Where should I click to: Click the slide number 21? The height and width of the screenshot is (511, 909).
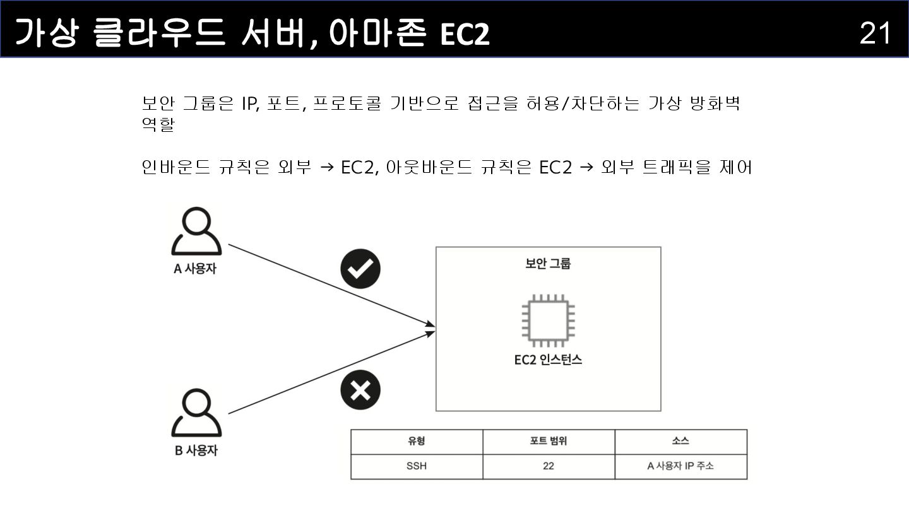tap(875, 33)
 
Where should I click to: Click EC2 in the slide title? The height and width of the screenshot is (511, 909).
tap(465, 34)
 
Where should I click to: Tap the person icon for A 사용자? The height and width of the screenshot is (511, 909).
tap(196, 231)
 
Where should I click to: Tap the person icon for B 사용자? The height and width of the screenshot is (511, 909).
tap(196, 413)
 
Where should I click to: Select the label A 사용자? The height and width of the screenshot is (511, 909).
tap(195, 269)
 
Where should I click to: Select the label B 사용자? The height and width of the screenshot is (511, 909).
tap(196, 451)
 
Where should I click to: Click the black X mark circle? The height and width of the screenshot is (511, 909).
tap(360, 390)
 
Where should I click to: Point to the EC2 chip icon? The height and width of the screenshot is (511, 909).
tap(548, 320)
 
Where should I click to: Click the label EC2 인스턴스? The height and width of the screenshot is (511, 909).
tap(548, 360)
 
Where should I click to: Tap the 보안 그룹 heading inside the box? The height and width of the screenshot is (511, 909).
tap(548, 264)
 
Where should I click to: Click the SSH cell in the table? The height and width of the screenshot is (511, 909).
tap(417, 467)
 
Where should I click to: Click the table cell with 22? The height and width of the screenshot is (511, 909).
tap(548, 467)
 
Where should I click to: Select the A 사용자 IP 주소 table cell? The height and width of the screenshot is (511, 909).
tap(680, 467)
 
